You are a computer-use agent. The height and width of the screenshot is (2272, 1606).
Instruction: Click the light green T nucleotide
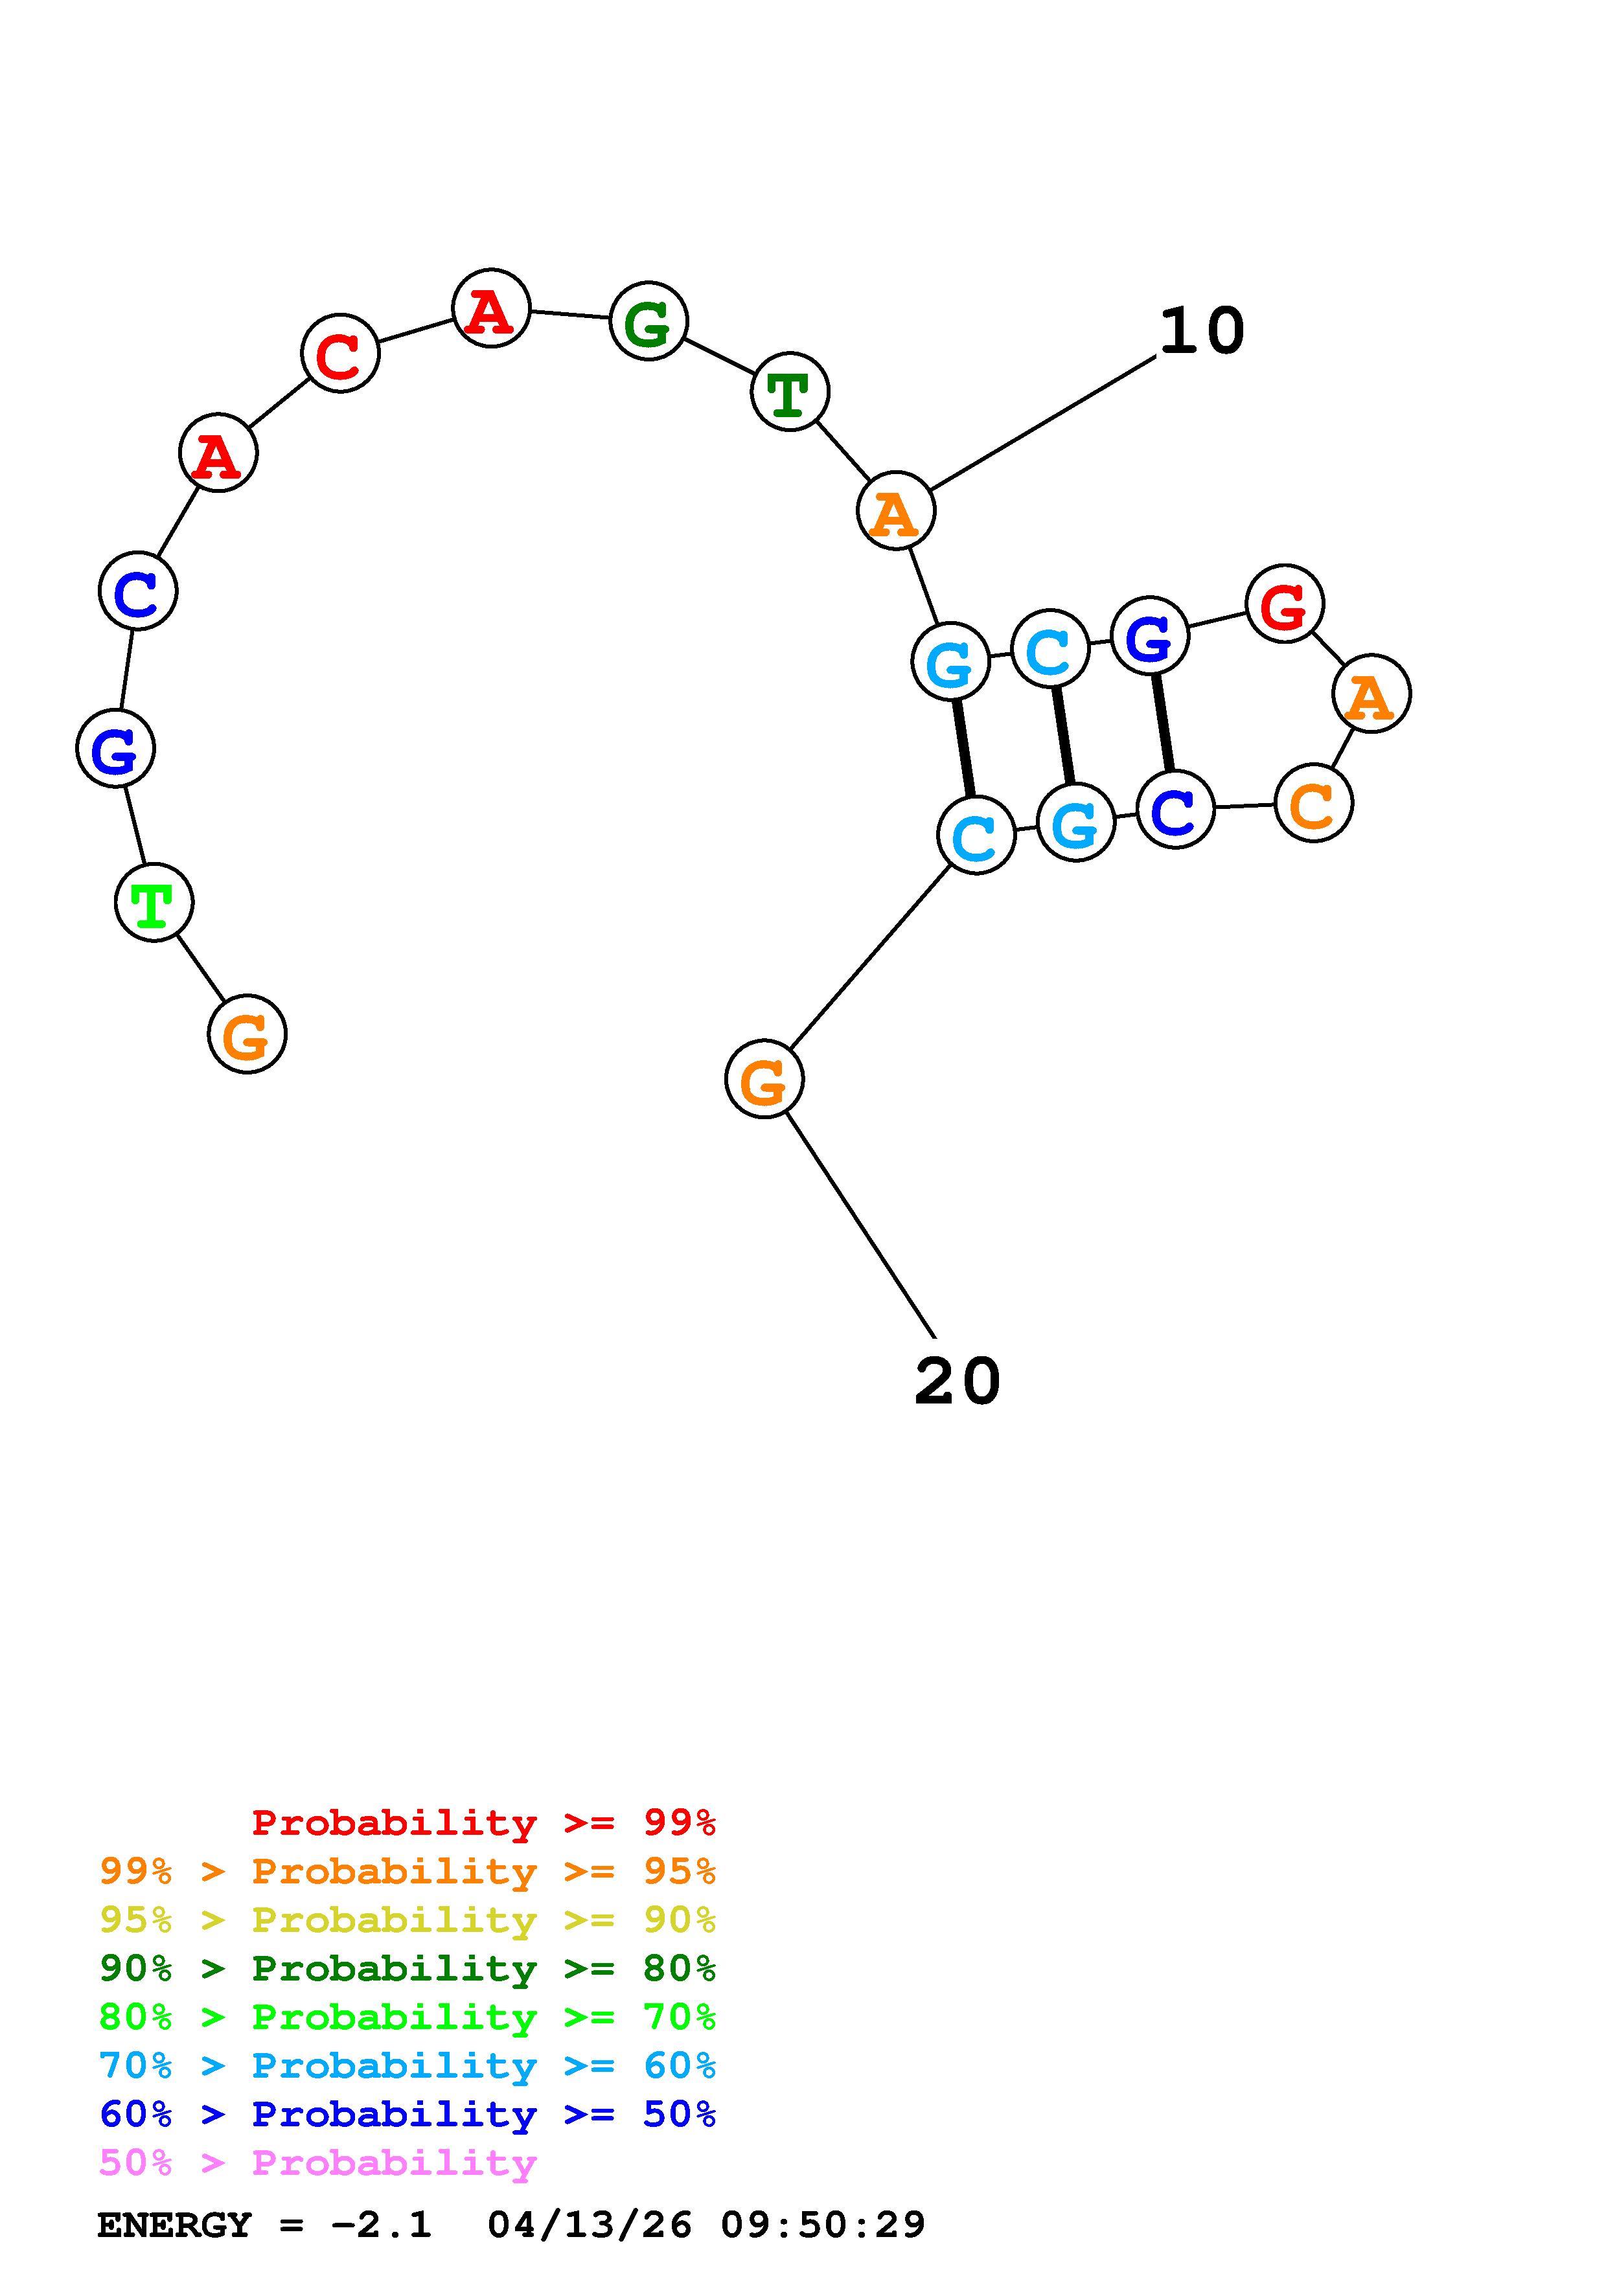[x=154, y=902]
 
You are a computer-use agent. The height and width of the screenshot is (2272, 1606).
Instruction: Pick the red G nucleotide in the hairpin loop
[x=1283, y=604]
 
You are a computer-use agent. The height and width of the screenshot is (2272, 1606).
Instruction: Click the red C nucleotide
[x=339, y=353]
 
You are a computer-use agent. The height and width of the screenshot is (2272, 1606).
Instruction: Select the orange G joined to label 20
[x=764, y=1078]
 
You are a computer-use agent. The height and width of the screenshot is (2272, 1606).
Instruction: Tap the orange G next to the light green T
[x=246, y=1034]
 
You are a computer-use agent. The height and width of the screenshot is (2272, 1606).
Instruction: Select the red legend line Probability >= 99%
[x=483, y=1823]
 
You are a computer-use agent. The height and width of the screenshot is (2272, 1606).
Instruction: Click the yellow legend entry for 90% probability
[x=407, y=1920]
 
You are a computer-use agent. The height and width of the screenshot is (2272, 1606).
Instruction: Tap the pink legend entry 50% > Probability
[x=317, y=2163]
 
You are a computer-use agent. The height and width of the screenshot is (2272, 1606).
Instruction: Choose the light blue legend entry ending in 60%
[x=407, y=2066]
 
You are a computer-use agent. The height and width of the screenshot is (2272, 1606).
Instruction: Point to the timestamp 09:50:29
[x=822, y=2225]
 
